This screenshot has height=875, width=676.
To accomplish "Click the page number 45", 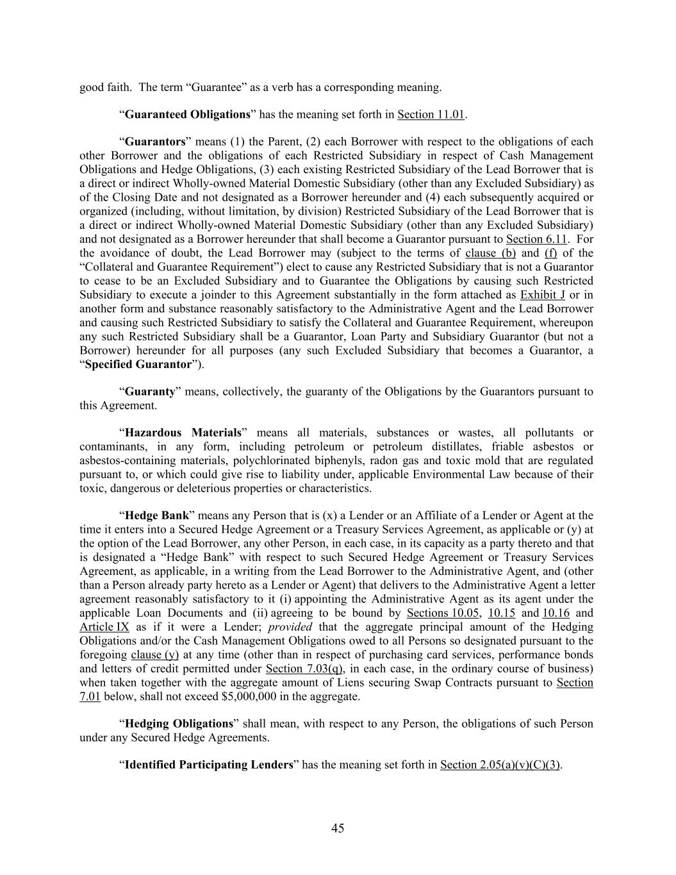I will click(x=338, y=828).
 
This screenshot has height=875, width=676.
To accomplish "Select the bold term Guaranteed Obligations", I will click(x=187, y=115).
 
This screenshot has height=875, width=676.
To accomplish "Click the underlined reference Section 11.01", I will click(x=431, y=115).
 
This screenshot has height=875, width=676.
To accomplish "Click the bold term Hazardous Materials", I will click(x=183, y=433).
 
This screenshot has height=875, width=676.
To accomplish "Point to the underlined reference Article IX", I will click(x=104, y=627).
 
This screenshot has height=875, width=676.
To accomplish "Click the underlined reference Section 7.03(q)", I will click(x=304, y=669).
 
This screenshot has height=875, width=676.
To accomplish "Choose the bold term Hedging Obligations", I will click(x=179, y=724).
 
